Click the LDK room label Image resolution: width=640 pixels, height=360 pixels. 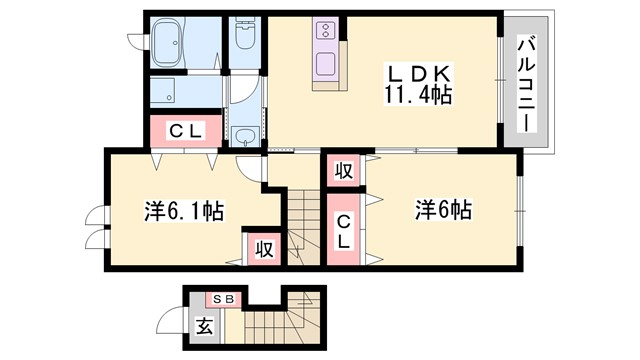point(417,75)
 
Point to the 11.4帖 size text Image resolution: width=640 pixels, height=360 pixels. point(417,96)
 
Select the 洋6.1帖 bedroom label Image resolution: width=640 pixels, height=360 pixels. point(183,212)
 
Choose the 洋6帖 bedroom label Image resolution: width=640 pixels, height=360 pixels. point(443,211)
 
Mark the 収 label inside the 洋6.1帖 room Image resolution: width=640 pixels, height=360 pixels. point(263,247)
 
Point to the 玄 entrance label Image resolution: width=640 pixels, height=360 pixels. point(204,326)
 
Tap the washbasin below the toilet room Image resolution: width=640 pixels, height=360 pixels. point(246,135)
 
